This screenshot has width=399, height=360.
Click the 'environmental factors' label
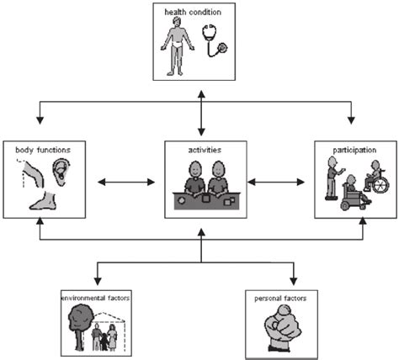click(99, 298)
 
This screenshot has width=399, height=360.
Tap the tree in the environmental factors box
click(80, 324)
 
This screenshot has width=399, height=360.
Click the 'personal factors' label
click(290, 298)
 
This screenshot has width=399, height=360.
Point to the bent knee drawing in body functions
click(36, 172)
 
